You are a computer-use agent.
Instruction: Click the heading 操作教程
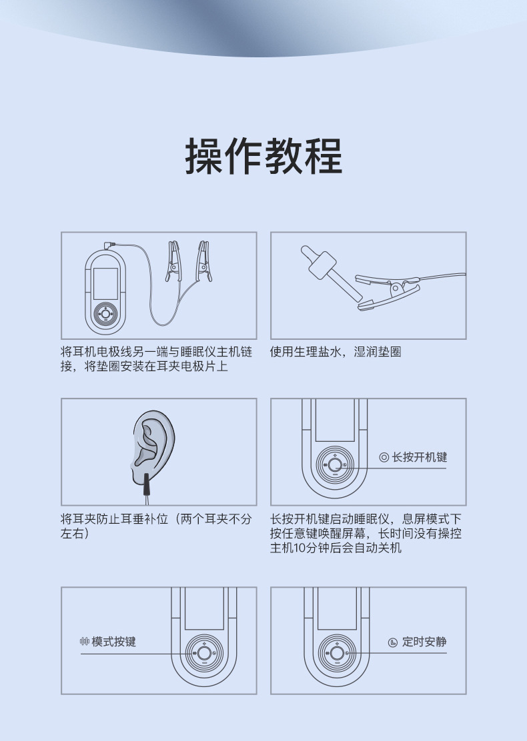tap(263, 157)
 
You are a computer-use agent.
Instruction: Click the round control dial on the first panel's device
tap(105, 313)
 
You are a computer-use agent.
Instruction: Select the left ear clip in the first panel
tap(173, 261)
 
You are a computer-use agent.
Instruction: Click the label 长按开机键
tap(419, 457)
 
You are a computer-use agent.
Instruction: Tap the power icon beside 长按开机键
tap(384, 457)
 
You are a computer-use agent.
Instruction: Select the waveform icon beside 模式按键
tap(85, 642)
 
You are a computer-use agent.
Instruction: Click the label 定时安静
tap(424, 642)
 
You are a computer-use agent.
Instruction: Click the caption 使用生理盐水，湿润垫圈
tap(336, 351)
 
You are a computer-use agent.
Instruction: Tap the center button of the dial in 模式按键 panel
tap(204, 653)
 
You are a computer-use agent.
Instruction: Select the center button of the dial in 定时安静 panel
tap(337, 653)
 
